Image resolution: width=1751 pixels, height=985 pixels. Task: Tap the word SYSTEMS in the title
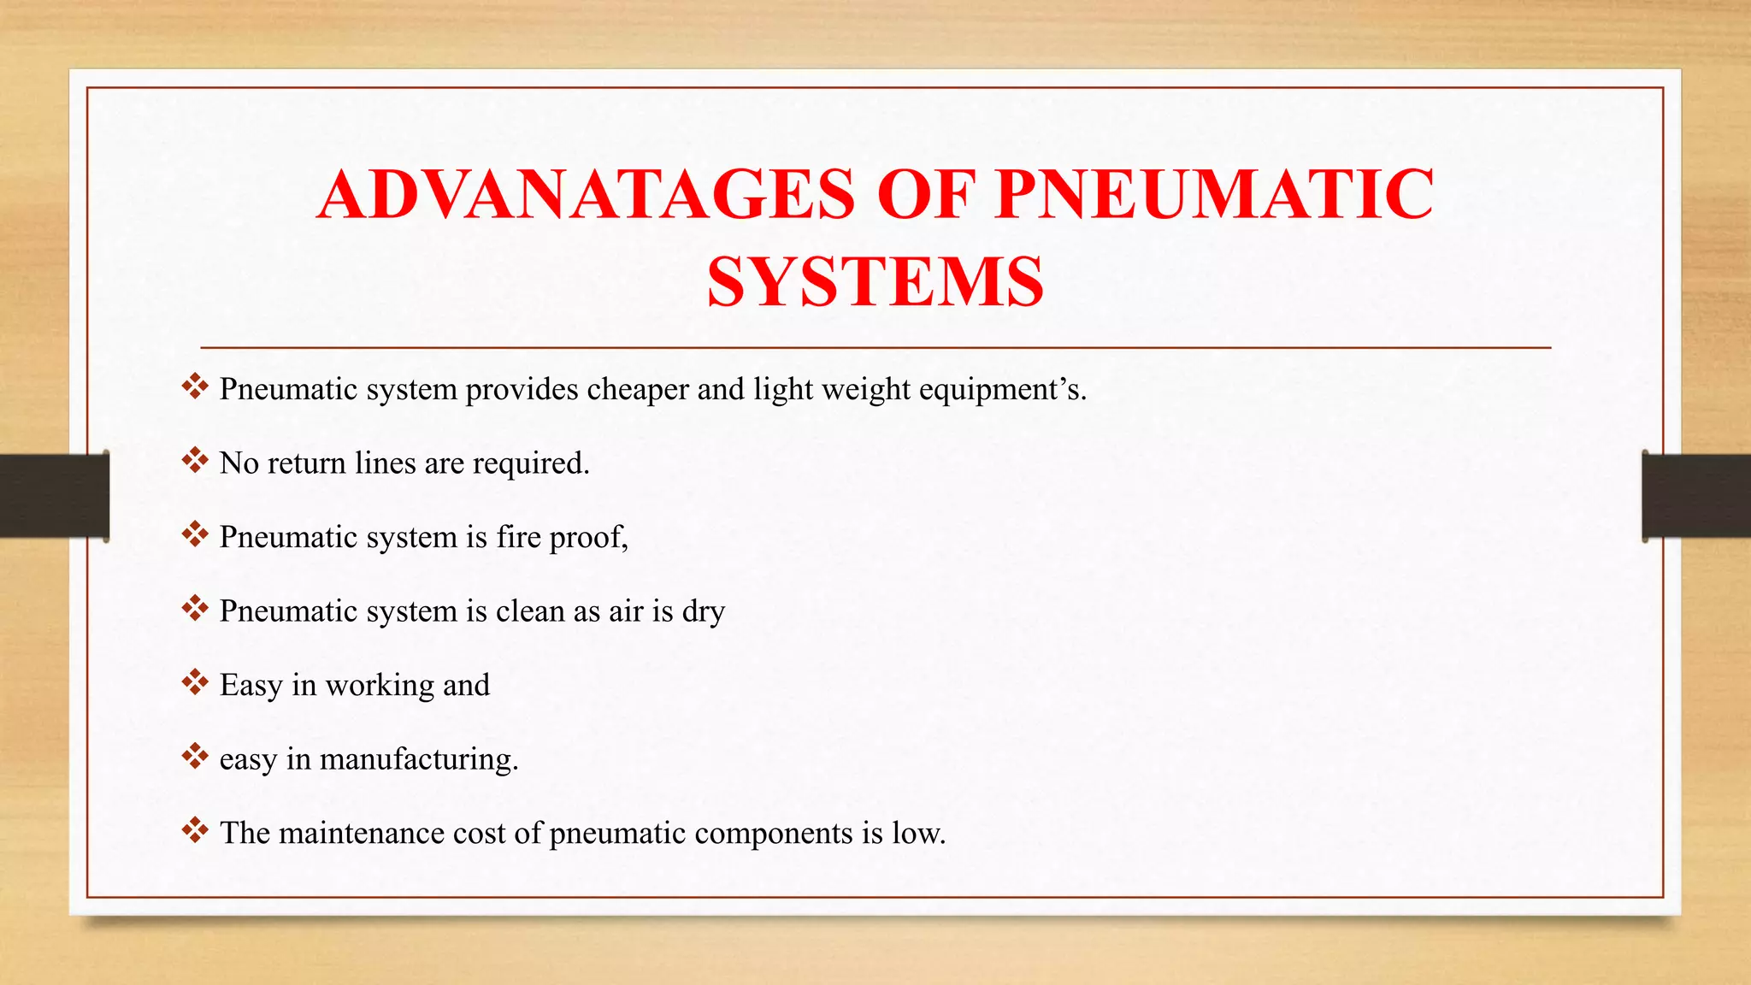(x=875, y=283)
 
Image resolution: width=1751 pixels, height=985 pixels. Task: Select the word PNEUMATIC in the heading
(x=1214, y=194)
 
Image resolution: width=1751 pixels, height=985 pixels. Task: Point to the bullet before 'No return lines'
(x=195, y=460)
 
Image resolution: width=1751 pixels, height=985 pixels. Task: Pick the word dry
(x=703, y=611)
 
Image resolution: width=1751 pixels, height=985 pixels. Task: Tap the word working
(x=380, y=686)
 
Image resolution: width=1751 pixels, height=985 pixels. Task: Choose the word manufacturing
(x=418, y=759)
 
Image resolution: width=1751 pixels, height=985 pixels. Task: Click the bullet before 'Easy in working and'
(x=195, y=682)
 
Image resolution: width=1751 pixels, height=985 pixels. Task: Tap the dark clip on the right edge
(x=1696, y=496)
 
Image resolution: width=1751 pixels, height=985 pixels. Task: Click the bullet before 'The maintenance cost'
(x=195, y=830)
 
